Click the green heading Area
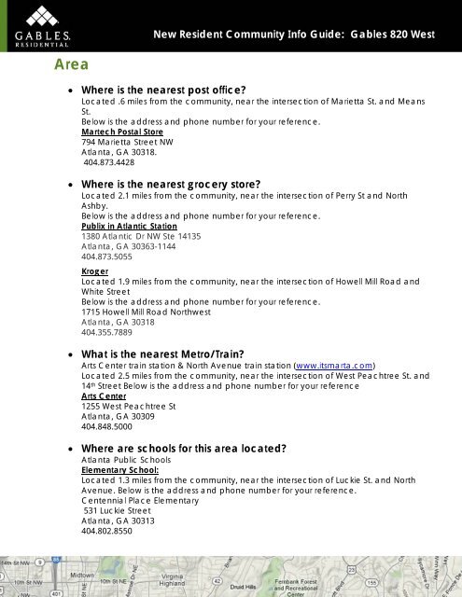point(71,66)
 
